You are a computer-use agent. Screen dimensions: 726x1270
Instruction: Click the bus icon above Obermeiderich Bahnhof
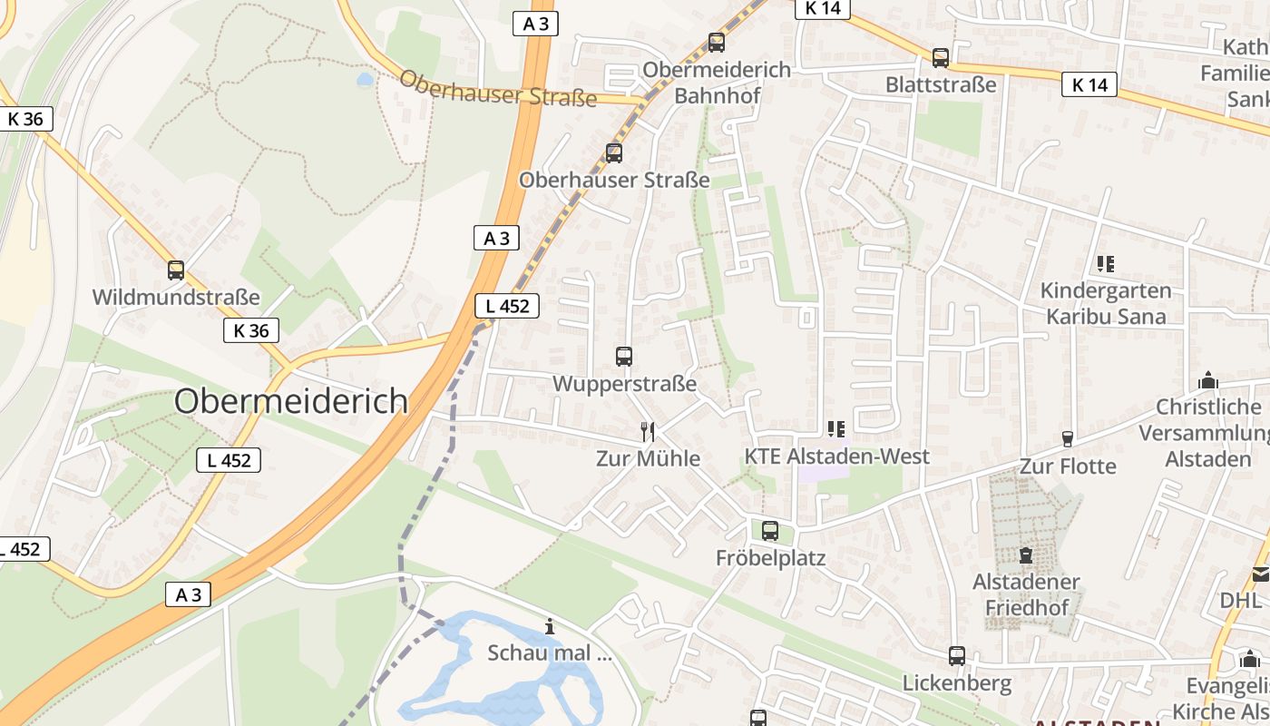point(717,43)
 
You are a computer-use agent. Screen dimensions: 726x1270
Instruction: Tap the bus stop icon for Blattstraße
point(941,58)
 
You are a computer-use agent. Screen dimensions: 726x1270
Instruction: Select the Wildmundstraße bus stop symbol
point(176,270)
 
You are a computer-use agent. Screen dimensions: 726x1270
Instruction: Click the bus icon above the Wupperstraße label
point(624,357)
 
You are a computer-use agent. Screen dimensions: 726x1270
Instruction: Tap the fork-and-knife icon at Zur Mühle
point(648,431)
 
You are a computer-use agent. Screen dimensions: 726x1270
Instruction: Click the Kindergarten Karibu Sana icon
point(1105,264)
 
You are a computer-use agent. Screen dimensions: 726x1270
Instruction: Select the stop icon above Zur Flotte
point(1068,439)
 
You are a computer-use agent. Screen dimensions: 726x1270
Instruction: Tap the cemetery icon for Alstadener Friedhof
point(1026,554)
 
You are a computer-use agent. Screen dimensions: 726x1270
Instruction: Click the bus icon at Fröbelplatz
point(770,531)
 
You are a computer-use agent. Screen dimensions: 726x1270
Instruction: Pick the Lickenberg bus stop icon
point(957,656)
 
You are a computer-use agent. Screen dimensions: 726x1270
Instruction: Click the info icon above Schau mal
point(550,626)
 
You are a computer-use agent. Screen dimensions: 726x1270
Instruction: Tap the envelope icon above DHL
point(1261,574)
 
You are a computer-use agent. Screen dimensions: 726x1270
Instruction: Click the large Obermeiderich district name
point(291,400)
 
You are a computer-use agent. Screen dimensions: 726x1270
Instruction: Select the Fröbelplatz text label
point(771,557)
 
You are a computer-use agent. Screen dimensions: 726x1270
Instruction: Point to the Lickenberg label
point(957,682)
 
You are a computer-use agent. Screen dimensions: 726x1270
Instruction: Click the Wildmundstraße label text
point(176,297)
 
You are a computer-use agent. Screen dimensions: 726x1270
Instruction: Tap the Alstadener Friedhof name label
point(1027,594)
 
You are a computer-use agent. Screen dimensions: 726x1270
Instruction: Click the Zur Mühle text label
point(648,458)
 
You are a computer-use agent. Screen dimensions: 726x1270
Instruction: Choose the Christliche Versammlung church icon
point(1208,381)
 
